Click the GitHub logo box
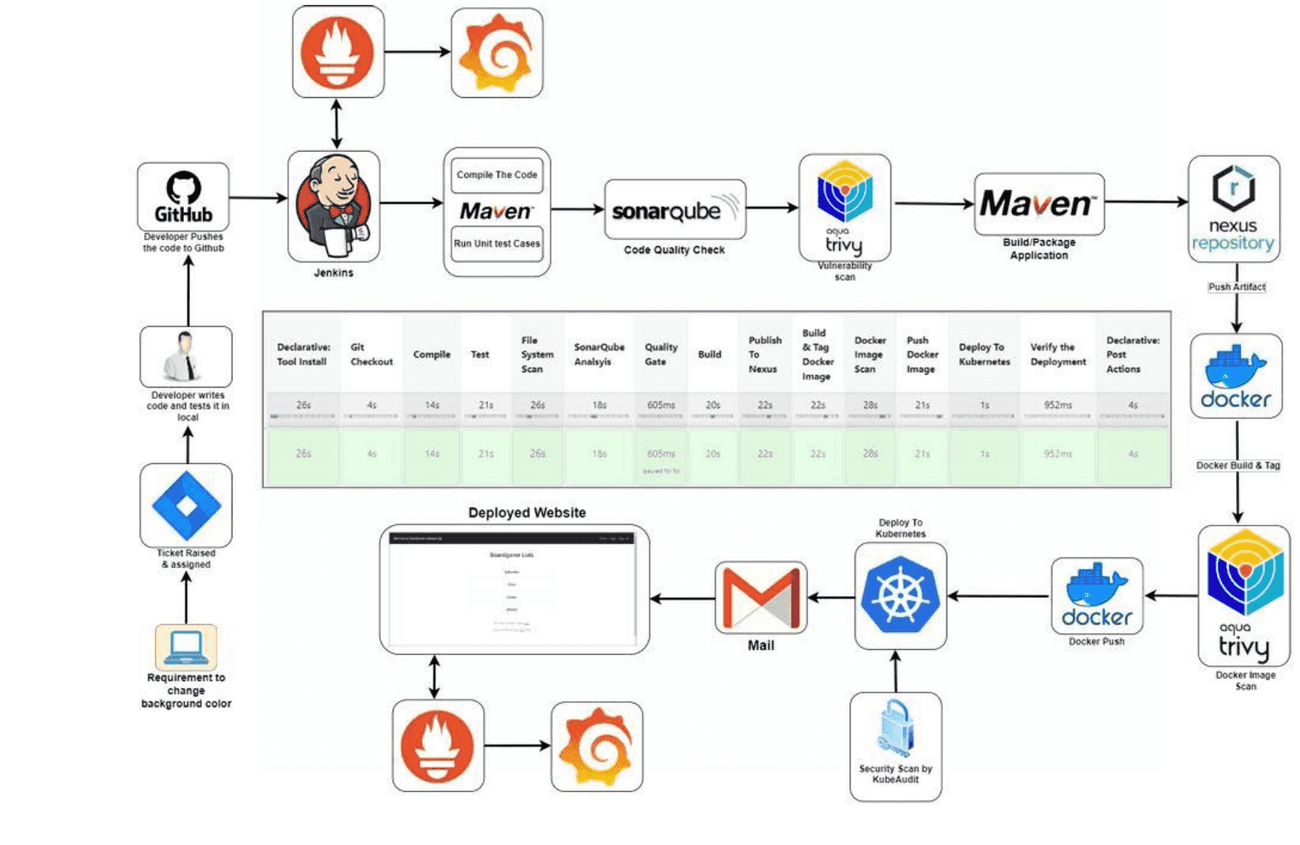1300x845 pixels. click(183, 197)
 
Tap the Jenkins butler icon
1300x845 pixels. click(334, 206)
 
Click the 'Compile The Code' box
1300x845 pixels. click(497, 175)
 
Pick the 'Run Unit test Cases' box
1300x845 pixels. click(497, 244)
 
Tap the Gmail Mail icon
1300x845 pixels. click(761, 597)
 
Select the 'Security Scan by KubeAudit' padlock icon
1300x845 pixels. click(895, 728)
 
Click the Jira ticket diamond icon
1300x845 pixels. click(186, 505)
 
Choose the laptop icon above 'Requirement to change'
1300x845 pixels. click(186, 647)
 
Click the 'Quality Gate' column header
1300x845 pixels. click(660, 354)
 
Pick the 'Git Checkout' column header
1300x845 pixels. click(371, 354)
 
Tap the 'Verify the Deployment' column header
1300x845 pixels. click(1058, 354)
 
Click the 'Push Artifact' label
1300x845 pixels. click(1236, 287)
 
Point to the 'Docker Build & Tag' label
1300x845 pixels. click(1237, 465)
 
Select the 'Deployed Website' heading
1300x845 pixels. click(526, 513)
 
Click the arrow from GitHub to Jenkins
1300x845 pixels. click(258, 198)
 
